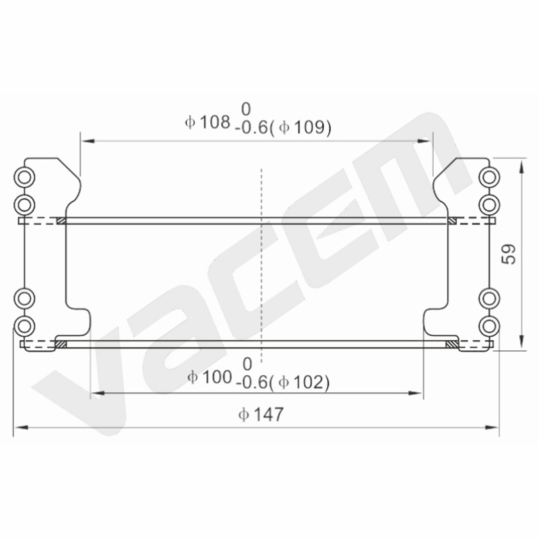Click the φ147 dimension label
tap(261, 414)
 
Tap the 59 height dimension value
tap(509, 254)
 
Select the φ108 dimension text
tap(208, 122)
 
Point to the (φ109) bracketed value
tap(300, 127)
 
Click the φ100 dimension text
tap(210, 377)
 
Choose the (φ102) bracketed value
tap(299, 383)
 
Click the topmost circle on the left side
tap(24, 177)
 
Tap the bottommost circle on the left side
tap(24, 325)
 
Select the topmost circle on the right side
tap(490, 177)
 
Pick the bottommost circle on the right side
tap(490, 326)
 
